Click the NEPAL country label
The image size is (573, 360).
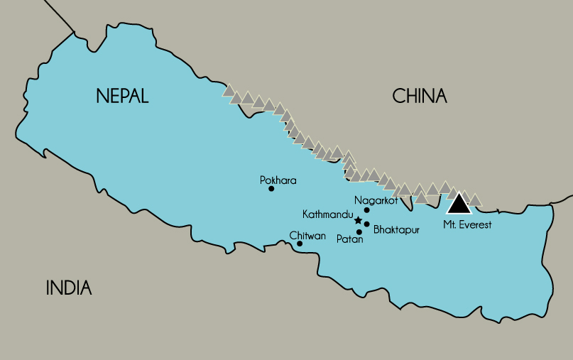click(x=122, y=97)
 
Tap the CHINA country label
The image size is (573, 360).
click(x=420, y=97)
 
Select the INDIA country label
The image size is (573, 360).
click(x=69, y=288)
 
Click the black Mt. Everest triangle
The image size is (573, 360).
click(x=459, y=204)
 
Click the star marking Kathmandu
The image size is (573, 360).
click(x=358, y=220)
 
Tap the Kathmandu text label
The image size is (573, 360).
click(x=327, y=214)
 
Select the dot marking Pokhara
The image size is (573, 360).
click(x=271, y=189)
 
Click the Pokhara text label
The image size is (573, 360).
click(x=278, y=180)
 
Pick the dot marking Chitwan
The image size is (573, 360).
click(x=300, y=244)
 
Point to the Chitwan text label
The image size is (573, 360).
click(x=307, y=235)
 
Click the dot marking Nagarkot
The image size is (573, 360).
click(x=366, y=210)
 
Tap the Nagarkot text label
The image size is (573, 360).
click(x=375, y=201)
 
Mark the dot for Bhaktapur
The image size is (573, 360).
click(x=366, y=224)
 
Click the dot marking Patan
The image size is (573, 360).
click(x=359, y=232)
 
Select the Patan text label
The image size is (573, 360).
click(x=350, y=240)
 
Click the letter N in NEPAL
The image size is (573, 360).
click(x=102, y=97)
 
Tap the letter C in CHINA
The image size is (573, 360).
click(x=398, y=97)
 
